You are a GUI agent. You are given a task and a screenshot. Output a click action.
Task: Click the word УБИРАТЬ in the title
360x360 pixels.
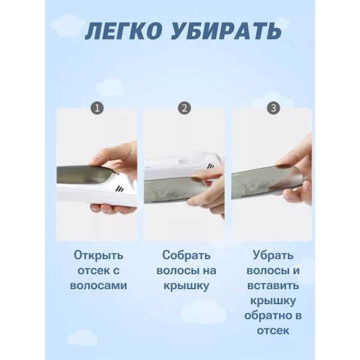(226, 31)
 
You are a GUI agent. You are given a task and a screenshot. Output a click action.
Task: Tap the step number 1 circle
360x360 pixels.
(97, 108)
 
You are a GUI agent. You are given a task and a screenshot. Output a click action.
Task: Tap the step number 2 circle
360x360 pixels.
(184, 108)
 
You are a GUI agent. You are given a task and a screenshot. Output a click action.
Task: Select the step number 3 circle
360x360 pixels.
(273, 108)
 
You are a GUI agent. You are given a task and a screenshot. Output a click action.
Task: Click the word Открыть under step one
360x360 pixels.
(98, 256)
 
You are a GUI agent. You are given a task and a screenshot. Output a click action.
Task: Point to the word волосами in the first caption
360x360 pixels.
(98, 286)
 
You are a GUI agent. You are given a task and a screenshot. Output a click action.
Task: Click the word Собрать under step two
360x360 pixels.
(186, 255)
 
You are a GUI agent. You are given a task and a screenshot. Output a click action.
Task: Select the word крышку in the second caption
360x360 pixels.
(186, 286)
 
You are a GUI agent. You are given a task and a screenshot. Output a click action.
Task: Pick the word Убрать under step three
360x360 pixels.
(273, 255)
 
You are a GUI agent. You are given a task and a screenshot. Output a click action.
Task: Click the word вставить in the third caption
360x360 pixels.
(273, 286)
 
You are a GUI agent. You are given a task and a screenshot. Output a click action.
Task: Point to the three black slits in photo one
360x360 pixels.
(119, 189)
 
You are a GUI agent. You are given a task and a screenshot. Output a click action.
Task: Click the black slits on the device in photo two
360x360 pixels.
(211, 166)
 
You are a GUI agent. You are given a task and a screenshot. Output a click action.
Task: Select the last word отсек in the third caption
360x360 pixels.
(273, 331)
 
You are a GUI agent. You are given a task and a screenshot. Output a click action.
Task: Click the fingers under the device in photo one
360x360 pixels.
(110, 208)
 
